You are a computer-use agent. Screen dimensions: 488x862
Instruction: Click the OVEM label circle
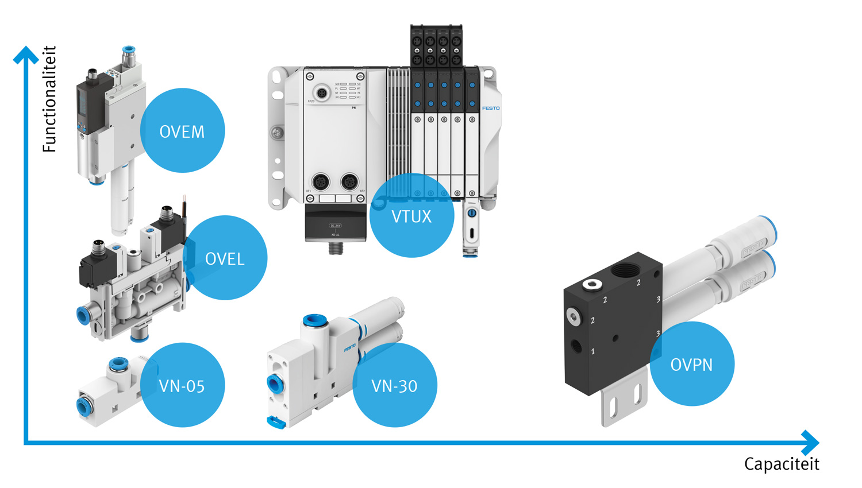[182, 131]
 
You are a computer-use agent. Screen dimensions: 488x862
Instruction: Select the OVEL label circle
[225, 258]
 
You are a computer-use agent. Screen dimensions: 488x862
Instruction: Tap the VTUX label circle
[411, 216]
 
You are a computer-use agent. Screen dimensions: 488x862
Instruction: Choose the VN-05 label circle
[182, 385]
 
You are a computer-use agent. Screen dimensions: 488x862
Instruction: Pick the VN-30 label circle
[395, 385]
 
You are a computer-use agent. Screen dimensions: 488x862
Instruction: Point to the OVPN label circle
[692, 364]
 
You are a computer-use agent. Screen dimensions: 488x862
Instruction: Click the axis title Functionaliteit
[50, 99]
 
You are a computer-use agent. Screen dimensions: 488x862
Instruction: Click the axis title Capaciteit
[782, 464]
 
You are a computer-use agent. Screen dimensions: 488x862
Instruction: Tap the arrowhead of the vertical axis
[26, 55]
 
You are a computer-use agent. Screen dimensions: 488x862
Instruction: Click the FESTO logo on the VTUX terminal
[491, 108]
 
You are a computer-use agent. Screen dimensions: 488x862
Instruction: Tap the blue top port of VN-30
[314, 320]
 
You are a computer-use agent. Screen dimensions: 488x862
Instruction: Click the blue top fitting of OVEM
[129, 50]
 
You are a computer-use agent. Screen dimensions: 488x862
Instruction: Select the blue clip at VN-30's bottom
[276, 423]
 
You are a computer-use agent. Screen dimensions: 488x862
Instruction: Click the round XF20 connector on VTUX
[321, 92]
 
